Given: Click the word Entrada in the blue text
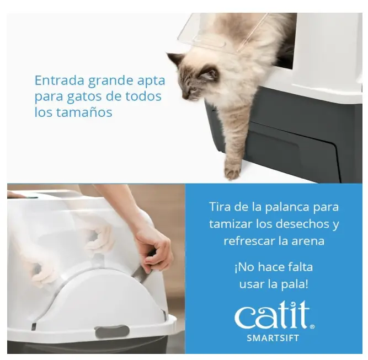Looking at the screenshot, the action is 60,80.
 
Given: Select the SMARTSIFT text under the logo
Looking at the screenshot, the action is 273,338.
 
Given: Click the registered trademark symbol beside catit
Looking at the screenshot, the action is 312,327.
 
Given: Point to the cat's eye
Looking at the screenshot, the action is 194,89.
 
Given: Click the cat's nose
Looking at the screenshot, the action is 184,96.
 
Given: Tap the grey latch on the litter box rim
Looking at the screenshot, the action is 112,331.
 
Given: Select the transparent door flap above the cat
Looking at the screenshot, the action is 223,33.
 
